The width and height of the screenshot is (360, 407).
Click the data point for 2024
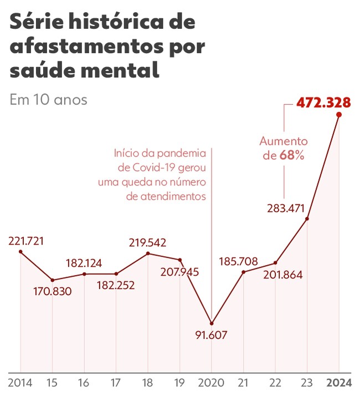339,115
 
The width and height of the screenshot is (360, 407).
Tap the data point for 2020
212,323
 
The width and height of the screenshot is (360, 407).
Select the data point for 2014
20,252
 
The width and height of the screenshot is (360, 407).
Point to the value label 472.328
323,103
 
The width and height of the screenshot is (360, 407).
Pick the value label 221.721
26,241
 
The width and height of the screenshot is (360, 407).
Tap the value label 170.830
53,291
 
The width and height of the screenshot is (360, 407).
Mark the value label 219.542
148,242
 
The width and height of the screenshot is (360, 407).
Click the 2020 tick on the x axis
212,383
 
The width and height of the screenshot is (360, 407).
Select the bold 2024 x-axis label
338,383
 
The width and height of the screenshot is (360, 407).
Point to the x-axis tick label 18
148,383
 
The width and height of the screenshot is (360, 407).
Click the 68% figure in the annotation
292,156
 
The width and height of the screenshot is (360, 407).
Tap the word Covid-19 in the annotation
163,167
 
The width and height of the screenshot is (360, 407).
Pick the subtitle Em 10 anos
48,100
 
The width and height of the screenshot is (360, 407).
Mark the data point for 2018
148,253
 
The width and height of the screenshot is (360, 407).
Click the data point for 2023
307,219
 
